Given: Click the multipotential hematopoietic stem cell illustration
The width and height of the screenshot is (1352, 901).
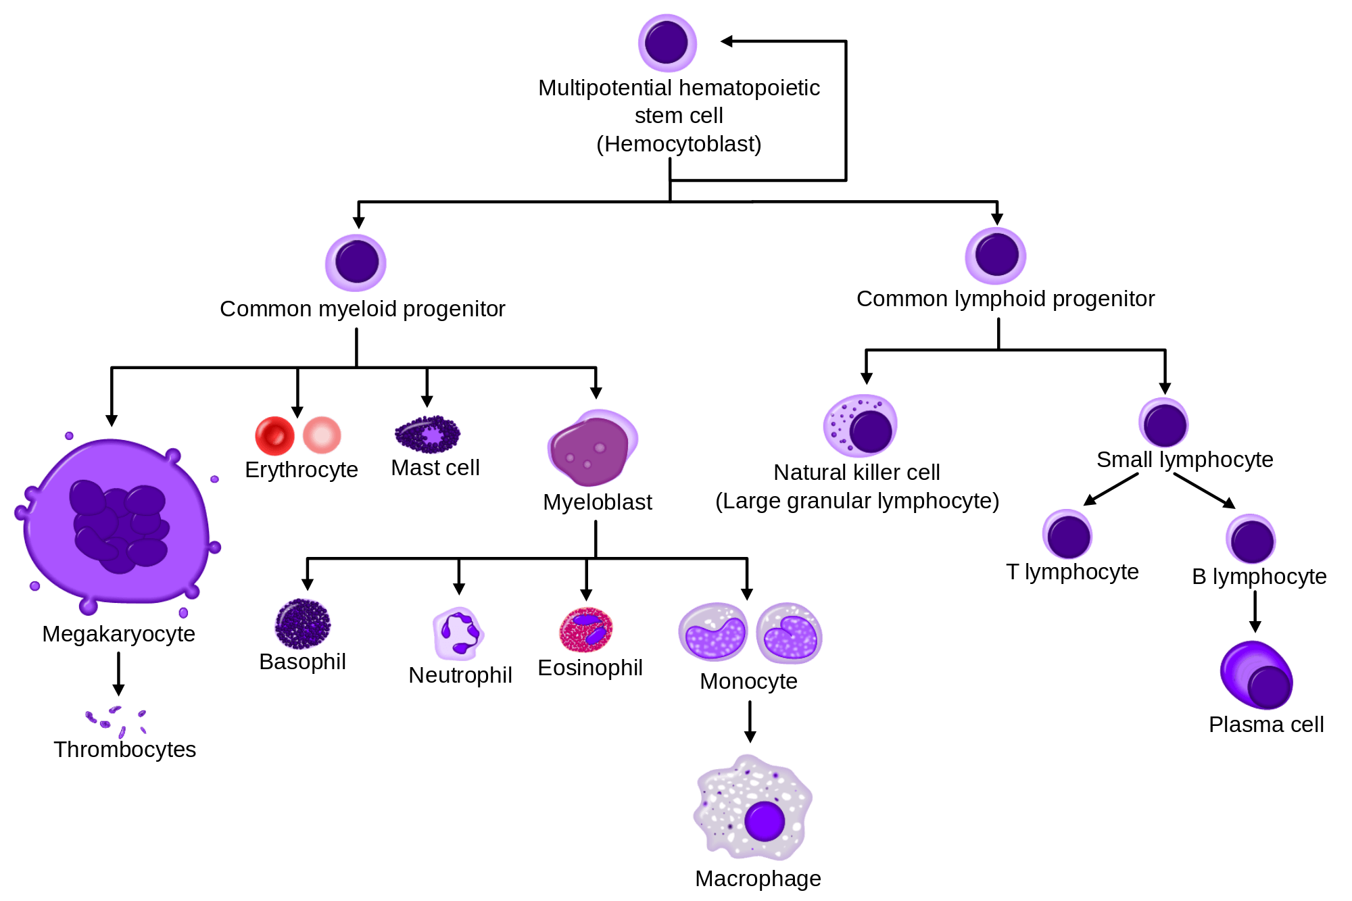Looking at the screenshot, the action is pyautogui.click(x=667, y=43).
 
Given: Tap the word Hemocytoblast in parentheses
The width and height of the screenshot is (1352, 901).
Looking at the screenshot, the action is pyautogui.click(x=679, y=144).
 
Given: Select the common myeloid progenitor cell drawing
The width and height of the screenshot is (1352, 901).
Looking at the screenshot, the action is pyautogui.click(x=356, y=263).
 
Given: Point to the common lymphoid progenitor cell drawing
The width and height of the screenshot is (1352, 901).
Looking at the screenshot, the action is pyautogui.click(x=996, y=255).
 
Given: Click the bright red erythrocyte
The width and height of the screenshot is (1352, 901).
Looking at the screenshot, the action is pyautogui.click(x=274, y=436).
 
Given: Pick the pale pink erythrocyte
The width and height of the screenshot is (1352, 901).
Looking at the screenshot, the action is pyautogui.click(x=322, y=435).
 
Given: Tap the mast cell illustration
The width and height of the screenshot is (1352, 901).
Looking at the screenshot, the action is pyautogui.click(x=427, y=434).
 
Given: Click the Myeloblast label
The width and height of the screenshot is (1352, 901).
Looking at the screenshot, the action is pyautogui.click(x=598, y=502).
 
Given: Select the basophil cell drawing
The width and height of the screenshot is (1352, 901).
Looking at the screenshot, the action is pyautogui.click(x=303, y=624).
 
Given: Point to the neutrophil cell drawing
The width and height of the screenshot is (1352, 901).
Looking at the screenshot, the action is pyautogui.click(x=458, y=633).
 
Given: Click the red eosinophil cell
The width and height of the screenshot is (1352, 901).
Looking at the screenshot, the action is pyautogui.click(x=586, y=629).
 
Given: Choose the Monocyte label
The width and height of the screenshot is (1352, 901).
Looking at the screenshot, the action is pyautogui.click(x=748, y=681).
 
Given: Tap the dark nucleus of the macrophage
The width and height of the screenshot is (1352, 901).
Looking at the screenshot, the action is pyautogui.click(x=765, y=821).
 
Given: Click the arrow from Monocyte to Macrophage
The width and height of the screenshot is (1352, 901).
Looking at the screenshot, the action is pyautogui.click(x=750, y=722).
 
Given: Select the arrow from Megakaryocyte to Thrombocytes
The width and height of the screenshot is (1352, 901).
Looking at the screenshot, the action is pyautogui.click(x=118, y=674).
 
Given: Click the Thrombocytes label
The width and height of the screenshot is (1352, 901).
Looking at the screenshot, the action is pyautogui.click(x=125, y=750).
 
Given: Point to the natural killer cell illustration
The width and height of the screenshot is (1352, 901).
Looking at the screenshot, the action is pyautogui.click(x=860, y=426).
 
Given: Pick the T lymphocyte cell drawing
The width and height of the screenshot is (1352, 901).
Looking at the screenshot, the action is pyautogui.click(x=1067, y=534).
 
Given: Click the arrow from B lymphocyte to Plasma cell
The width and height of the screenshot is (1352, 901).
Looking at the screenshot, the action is pyautogui.click(x=1255, y=612).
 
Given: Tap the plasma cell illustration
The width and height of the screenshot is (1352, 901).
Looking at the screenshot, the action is pyautogui.click(x=1257, y=675).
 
